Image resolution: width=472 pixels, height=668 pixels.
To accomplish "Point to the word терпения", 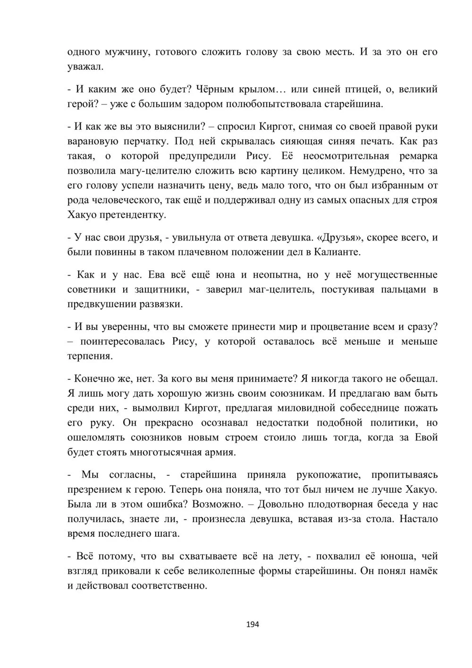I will coord(90,356).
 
